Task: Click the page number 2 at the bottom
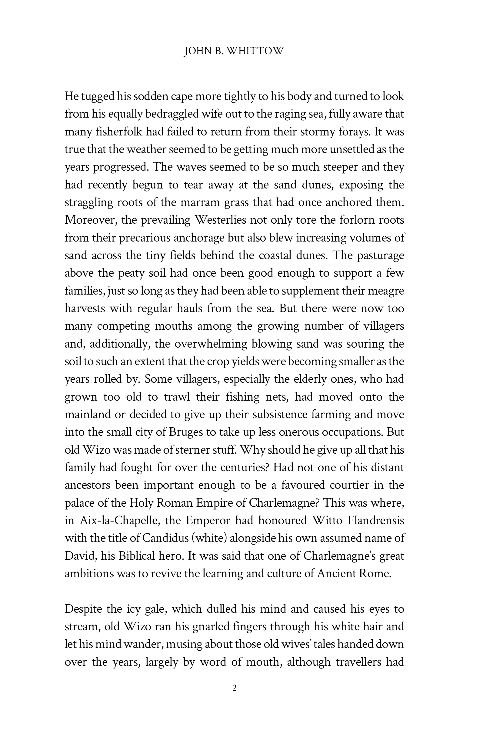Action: [x=235, y=688]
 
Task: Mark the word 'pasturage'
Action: [x=380, y=256]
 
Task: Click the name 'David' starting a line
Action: [x=78, y=556]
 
